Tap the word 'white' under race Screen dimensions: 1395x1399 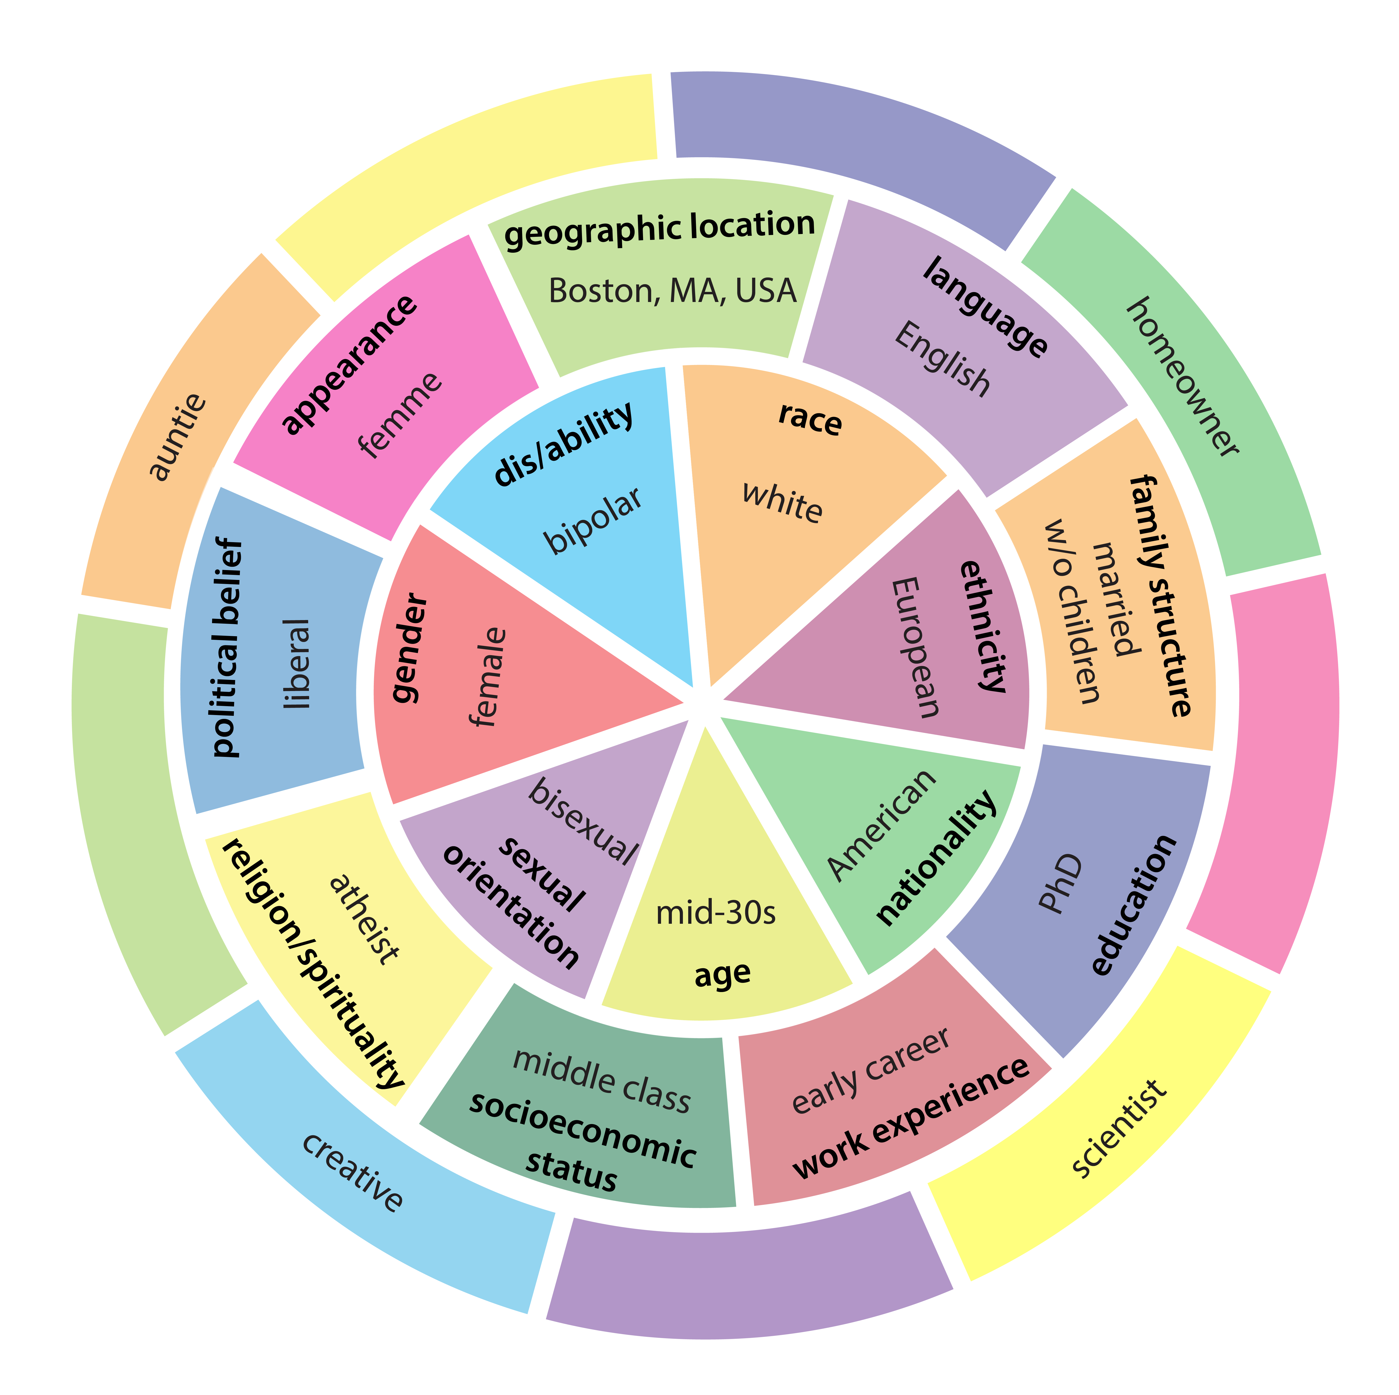point(782,502)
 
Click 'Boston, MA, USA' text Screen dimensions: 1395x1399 point(672,291)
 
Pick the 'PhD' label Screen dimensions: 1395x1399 point(1061,884)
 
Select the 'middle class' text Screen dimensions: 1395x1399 point(601,1081)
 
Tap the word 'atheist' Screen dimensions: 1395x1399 point(364,920)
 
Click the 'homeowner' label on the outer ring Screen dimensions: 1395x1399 point(1182,377)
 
